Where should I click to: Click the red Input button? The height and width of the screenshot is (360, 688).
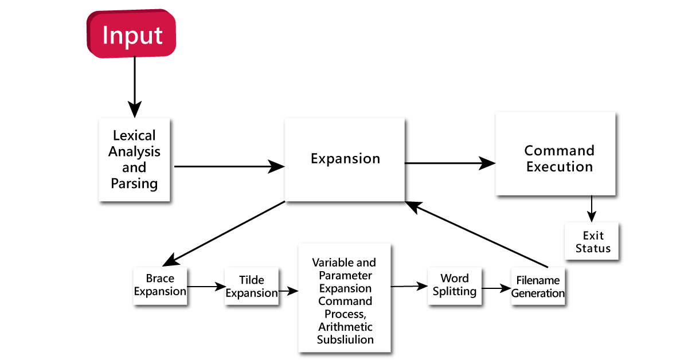point(132,35)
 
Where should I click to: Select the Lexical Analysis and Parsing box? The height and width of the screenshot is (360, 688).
point(134,159)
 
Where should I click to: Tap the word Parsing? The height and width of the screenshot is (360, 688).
point(134,184)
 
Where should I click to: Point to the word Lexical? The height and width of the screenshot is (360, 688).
point(134,136)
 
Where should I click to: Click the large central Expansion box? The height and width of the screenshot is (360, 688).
point(345,159)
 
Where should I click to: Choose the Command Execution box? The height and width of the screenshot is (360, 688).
point(555,154)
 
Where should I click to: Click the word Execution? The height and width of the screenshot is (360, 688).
point(559,167)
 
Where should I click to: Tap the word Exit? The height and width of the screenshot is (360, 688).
point(593,236)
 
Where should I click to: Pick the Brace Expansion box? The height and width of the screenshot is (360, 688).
point(160,285)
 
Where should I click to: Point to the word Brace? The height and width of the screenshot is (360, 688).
point(160,279)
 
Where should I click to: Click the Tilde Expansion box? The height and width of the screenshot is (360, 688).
point(252,286)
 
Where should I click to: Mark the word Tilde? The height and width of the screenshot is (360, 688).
point(252,280)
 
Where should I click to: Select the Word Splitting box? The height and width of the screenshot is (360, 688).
point(454,285)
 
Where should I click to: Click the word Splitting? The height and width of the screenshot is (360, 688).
point(454,292)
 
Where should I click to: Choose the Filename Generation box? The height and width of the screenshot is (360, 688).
point(538,287)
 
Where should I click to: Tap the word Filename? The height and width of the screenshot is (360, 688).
point(538,281)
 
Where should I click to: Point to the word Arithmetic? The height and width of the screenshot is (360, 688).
point(345,327)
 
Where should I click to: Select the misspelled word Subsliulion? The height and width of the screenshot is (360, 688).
point(345,340)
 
